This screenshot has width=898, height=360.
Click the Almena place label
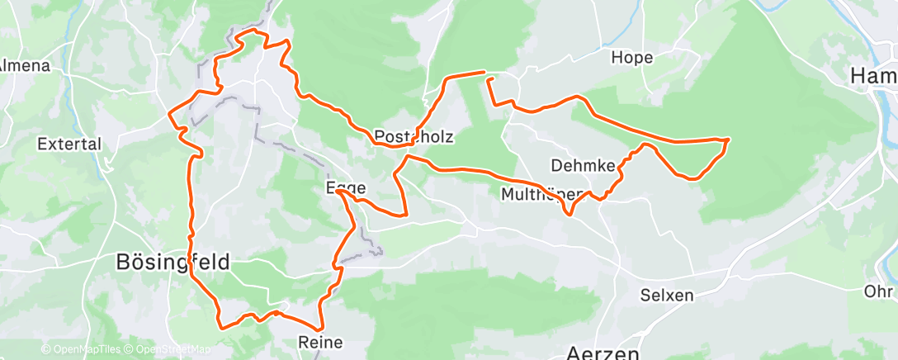coord(24,65)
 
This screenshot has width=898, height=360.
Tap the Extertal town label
coord(69,144)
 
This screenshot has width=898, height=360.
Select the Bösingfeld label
coord(172,262)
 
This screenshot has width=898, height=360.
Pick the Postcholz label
coord(414,136)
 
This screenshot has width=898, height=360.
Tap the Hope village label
coord(631,57)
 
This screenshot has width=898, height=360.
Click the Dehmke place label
coord(583,164)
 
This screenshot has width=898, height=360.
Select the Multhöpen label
coord(542,195)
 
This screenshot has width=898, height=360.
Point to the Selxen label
coord(667,295)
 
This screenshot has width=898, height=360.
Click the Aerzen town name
coord(603,352)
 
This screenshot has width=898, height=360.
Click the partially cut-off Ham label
coord(873,76)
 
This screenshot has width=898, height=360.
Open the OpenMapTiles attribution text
coord(81,350)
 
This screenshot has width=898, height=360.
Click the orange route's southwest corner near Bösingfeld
coord(220,326)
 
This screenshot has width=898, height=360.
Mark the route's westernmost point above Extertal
coord(169,112)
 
